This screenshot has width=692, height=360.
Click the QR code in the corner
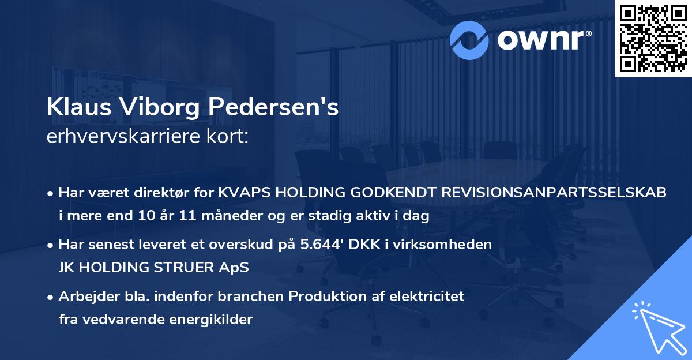(x=653, y=39)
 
